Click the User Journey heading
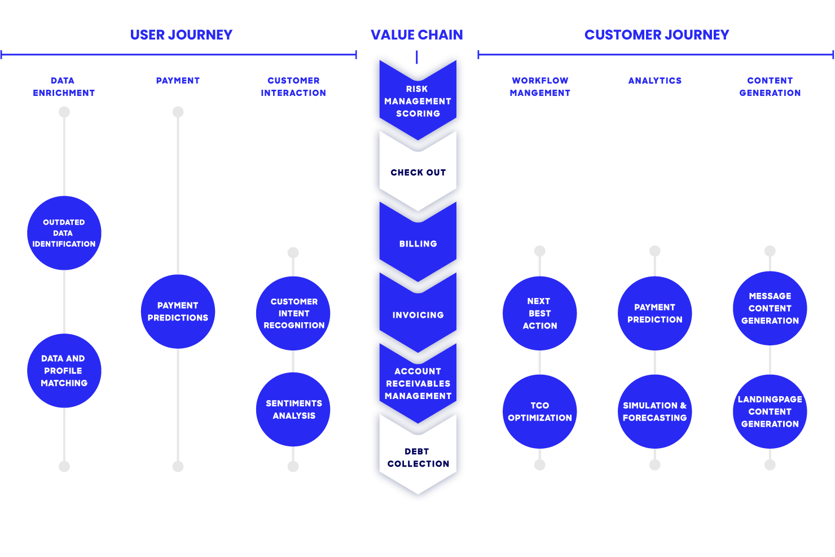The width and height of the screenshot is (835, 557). click(x=181, y=35)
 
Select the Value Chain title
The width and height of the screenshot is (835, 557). click(x=417, y=35)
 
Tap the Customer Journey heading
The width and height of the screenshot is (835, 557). click(x=657, y=35)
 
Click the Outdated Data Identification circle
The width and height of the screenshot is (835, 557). click(x=64, y=233)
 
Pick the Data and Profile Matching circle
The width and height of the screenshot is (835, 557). click(x=64, y=371)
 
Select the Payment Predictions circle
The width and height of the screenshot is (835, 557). click(x=178, y=312)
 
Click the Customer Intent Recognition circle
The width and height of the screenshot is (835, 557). click(x=293, y=313)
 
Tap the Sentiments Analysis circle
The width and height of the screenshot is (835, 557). click(x=293, y=410)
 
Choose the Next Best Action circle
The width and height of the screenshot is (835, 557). click(x=540, y=313)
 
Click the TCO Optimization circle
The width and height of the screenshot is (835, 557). click(x=540, y=411)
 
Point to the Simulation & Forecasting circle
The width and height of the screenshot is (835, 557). click(x=655, y=411)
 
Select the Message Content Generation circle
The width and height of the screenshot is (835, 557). click(x=770, y=308)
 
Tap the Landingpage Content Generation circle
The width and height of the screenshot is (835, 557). click(x=770, y=411)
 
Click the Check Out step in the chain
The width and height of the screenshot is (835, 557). click(x=418, y=173)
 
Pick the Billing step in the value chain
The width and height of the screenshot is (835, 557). click(x=418, y=244)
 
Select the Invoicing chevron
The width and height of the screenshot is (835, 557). click(x=418, y=315)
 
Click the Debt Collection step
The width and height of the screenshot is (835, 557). click(x=418, y=458)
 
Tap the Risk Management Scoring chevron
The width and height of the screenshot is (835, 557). click(x=418, y=101)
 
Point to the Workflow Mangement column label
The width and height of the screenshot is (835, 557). click(x=540, y=87)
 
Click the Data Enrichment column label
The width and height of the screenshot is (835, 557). click(x=64, y=87)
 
